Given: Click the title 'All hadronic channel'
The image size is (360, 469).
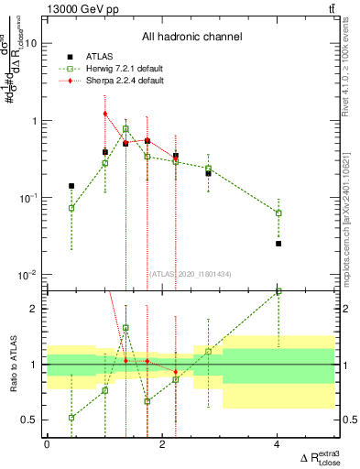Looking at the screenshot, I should pyautogui.click(x=191, y=38).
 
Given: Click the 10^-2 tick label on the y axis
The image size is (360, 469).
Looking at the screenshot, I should pyautogui.click(x=28, y=275).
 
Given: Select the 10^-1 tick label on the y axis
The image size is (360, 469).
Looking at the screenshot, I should pyautogui.click(x=28, y=198).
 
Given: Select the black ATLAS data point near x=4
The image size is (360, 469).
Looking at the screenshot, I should pyautogui.click(x=278, y=244).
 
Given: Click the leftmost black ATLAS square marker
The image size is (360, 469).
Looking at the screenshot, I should pyautogui.click(x=71, y=186).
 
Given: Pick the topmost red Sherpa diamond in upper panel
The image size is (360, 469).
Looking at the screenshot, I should pyautogui.click(x=105, y=114).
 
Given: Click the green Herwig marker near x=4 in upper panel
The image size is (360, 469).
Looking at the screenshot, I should pyautogui.click(x=278, y=213).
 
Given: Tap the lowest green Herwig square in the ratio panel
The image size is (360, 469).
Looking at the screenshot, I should pyautogui.click(x=71, y=418).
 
